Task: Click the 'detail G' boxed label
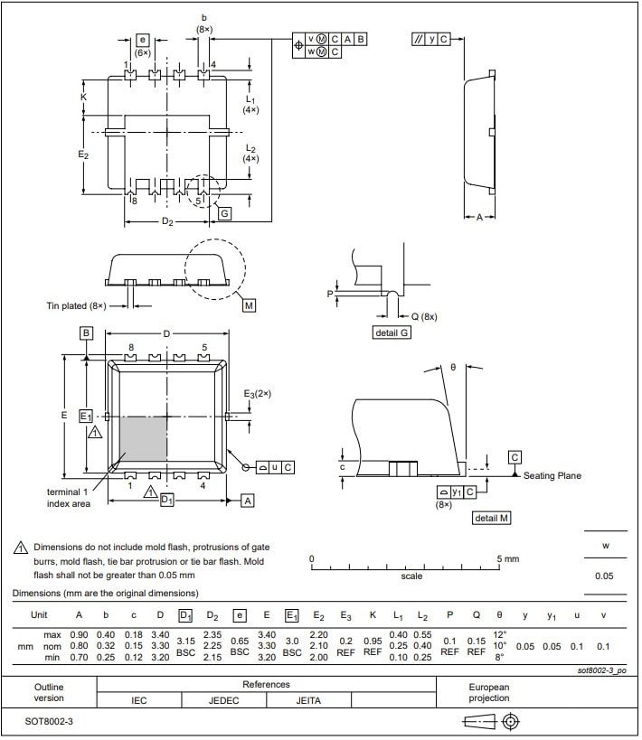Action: coord(392,333)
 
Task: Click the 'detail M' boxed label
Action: coord(492,518)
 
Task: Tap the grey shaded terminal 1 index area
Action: coord(143,439)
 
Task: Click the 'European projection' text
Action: coord(488,692)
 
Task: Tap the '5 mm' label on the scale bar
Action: coord(509,559)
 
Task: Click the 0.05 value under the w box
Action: coord(604,576)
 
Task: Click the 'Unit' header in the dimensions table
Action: coord(40,614)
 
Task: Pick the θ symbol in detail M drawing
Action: coord(452,368)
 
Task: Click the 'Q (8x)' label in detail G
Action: coord(422,317)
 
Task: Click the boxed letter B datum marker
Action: coord(86,333)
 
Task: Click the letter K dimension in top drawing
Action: coord(83,97)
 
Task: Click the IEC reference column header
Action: coord(139,699)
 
